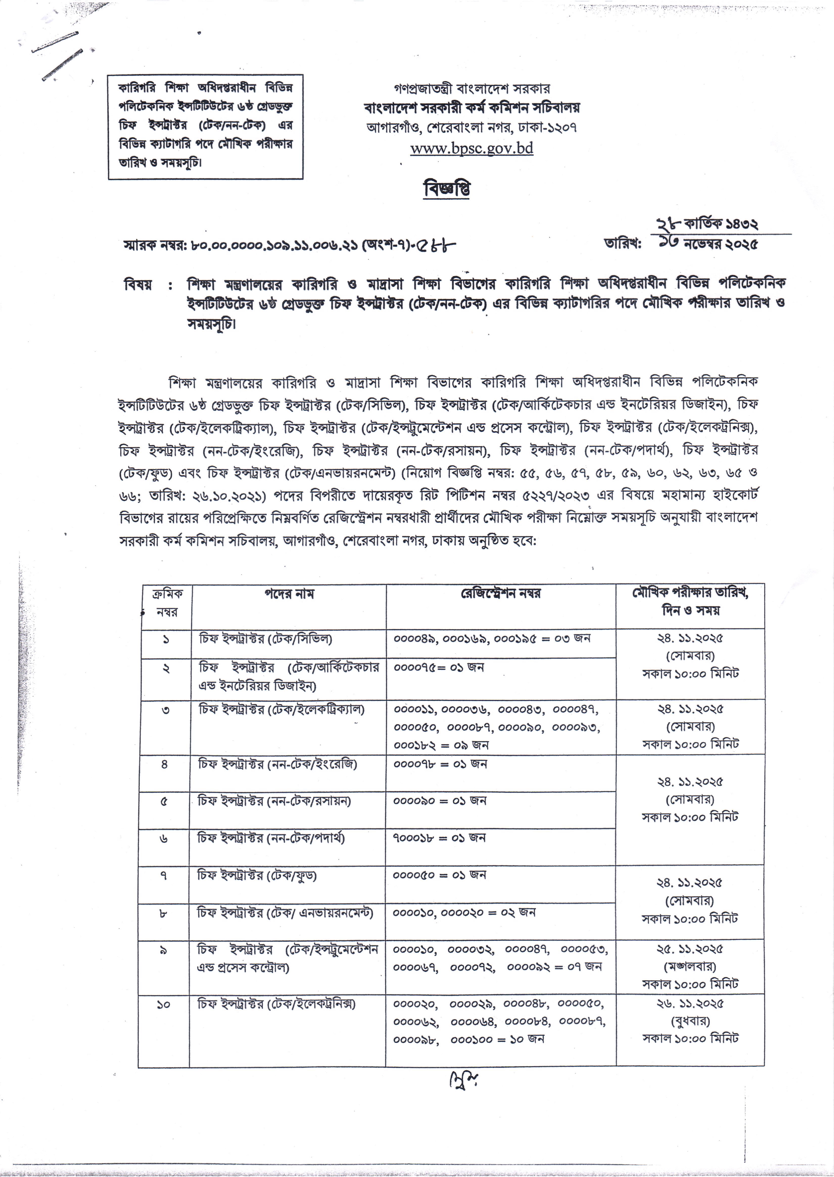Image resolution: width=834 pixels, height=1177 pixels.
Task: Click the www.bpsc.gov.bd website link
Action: click(471, 149)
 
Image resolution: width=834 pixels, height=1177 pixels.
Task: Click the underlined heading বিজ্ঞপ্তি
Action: click(446, 189)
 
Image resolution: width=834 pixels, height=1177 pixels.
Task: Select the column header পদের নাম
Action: click(289, 594)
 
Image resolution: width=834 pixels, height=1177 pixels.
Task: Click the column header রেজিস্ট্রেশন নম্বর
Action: click(500, 594)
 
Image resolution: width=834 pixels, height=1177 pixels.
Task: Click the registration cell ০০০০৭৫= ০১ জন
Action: click(439, 667)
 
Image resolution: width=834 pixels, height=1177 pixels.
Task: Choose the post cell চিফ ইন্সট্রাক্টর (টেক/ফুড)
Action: click(257, 875)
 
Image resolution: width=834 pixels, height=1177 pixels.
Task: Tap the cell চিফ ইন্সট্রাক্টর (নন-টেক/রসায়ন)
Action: click(274, 801)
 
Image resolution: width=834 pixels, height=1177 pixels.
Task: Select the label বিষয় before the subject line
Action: click(138, 284)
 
